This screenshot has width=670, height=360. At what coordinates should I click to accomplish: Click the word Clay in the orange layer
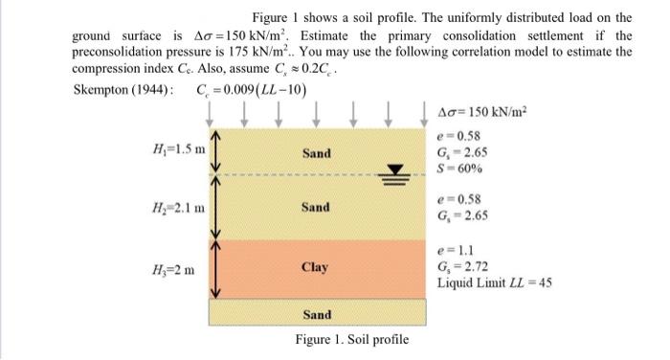[316, 267]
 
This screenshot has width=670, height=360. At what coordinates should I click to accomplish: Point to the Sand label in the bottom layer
[317, 314]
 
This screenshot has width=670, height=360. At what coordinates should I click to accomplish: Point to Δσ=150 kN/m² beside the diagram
[483, 109]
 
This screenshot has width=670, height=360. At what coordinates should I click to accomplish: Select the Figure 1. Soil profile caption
[351, 340]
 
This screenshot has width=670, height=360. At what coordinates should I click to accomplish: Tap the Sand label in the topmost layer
[317, 153]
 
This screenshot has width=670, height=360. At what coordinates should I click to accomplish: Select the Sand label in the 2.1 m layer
[316, 207]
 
